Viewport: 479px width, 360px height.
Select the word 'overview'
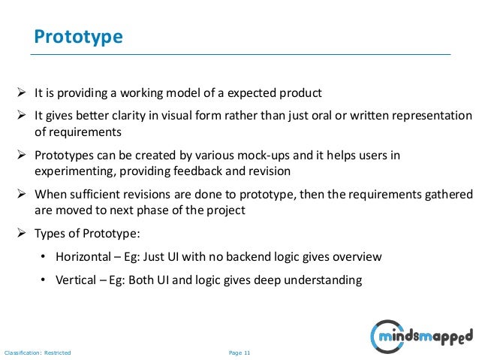click(357, 257)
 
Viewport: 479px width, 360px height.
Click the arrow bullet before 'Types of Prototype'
click(23, 234)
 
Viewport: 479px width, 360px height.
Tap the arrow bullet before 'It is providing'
click(23, 93)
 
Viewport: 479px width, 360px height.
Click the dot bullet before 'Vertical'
click(44, 280)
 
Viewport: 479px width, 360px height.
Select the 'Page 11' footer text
click(239, 352)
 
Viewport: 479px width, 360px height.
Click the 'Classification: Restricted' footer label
click(38, 352)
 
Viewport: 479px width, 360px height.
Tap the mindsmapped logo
click(422, 333)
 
